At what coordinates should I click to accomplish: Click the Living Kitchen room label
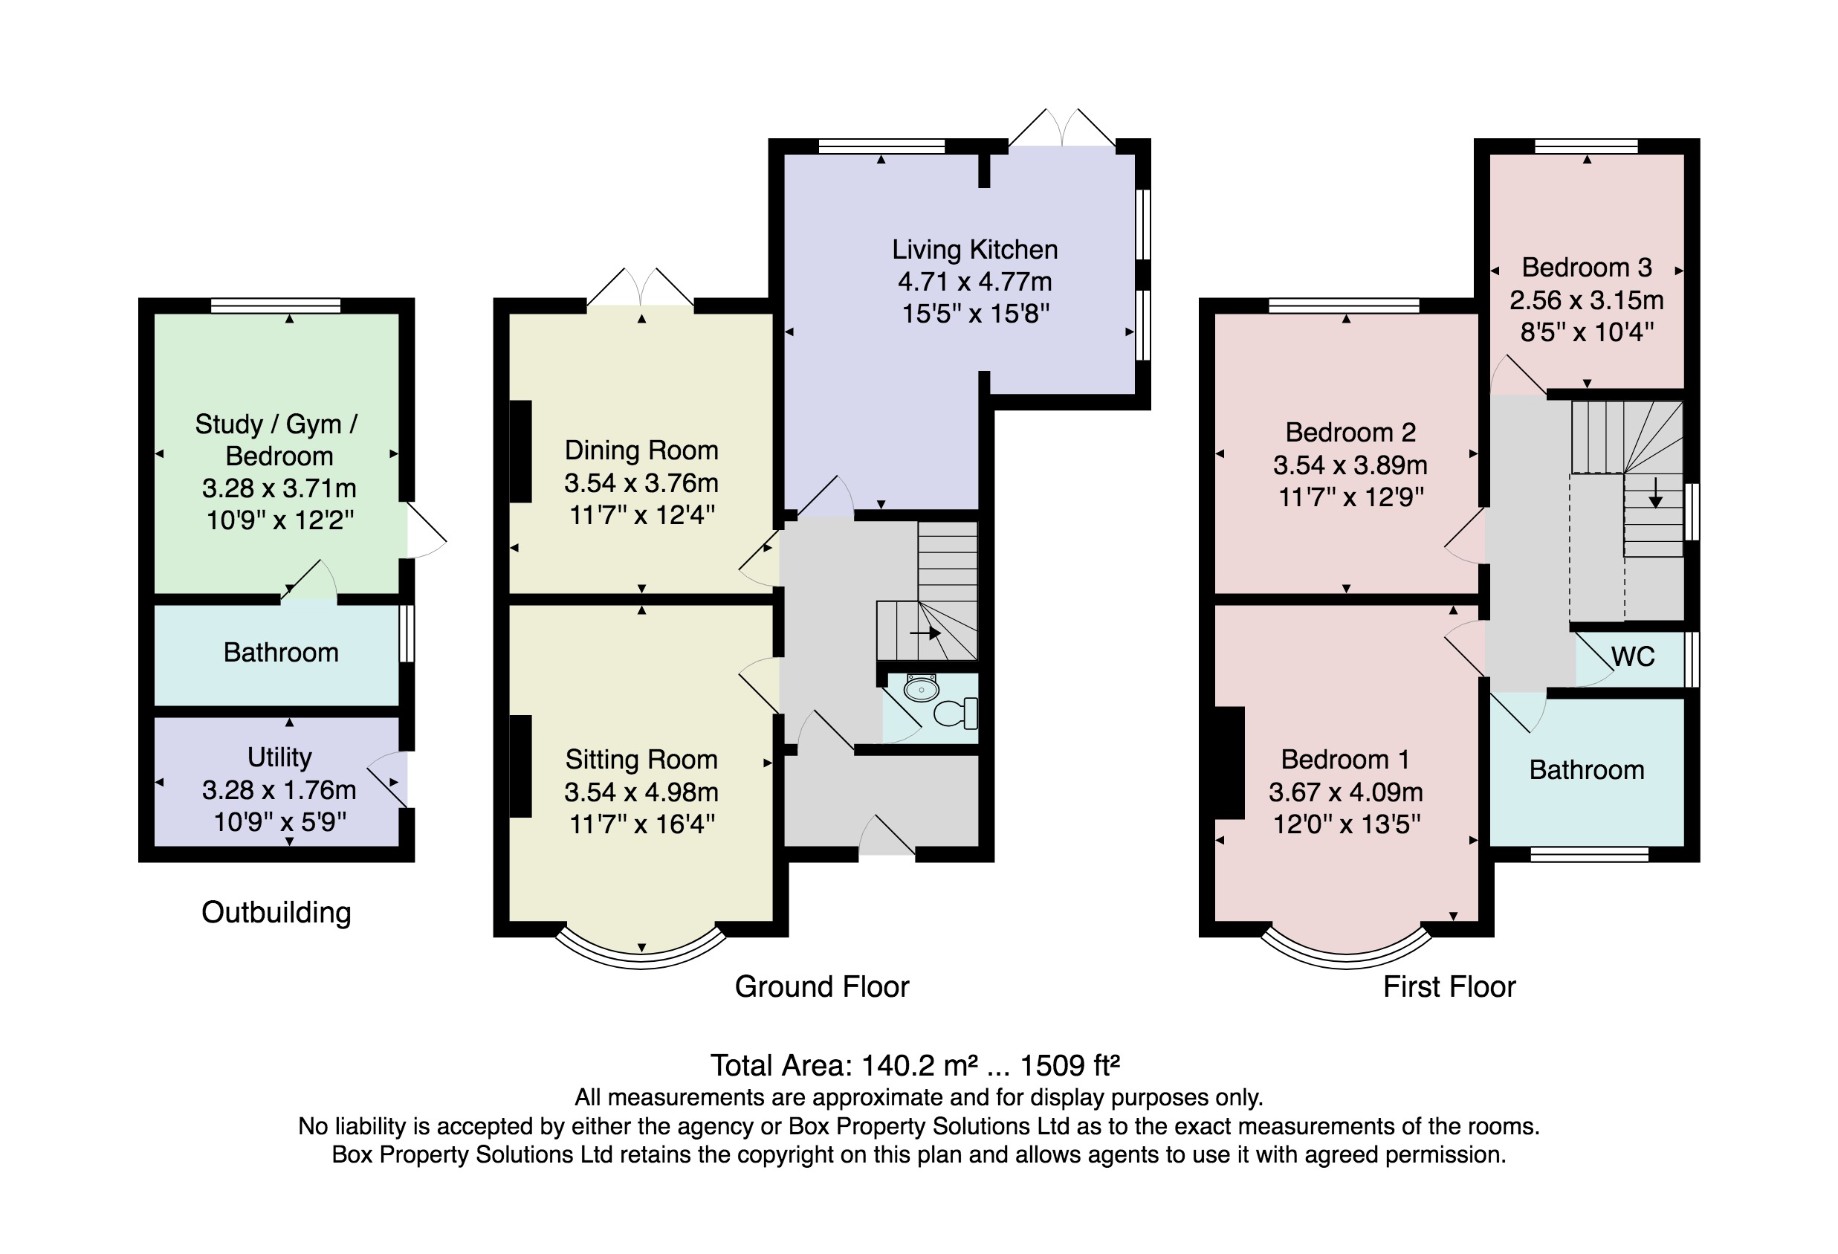pos(974,250)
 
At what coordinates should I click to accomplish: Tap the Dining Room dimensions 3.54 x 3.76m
pos(641,482)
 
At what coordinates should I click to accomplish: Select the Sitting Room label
pos(641,760)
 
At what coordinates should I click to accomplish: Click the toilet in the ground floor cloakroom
pos(955,713)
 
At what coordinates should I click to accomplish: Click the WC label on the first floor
pos(1633,656)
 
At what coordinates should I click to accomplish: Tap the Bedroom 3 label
pos(1587,268)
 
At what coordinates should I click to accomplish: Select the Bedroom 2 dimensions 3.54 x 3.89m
pos(1350,465)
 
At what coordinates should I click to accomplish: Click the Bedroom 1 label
pos(1345,760)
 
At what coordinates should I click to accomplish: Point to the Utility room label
pos(279,758)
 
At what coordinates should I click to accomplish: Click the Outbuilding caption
pos(276,912)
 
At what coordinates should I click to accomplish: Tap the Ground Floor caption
pos(822,986)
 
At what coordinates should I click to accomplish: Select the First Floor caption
pos(1449,986)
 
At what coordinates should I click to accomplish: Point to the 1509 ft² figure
pos(1070,1066)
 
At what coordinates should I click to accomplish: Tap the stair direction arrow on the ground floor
pos(925,633)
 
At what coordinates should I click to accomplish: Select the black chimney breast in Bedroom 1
pos(1230,763)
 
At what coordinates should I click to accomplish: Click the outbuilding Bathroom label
pos(281,653)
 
